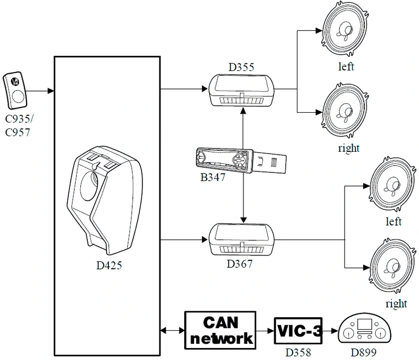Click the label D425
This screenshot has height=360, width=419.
click(x=109, y=265)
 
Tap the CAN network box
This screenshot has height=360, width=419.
click(x=220, y=330)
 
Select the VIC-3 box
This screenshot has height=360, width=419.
click(x=298, y=331)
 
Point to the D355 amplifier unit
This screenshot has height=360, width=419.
click(x=241, y=91)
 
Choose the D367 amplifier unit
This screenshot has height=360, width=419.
click(x=241, y=240)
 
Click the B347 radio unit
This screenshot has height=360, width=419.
click(x=241, y=160)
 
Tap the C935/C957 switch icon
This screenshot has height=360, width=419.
click(x=15, y=91)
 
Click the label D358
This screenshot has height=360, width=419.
click(x=298, y=352)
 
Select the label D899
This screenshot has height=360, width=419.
click(x=363, y=352)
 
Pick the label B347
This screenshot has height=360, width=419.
click(x=212, y=177)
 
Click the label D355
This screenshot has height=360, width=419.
click(x=241, y=67)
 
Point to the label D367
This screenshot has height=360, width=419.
click(x=240, y=264)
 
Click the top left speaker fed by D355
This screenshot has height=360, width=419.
click(x=345, y=29)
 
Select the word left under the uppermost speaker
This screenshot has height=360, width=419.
click(x=346, y=67)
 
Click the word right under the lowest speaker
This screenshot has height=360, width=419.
click(x=396, y=304)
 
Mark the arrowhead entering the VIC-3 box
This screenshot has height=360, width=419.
click(x=271, y=331)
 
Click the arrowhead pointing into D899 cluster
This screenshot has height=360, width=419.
click(x=334, y=331)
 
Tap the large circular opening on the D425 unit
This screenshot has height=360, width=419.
click(x=89, y=186)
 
